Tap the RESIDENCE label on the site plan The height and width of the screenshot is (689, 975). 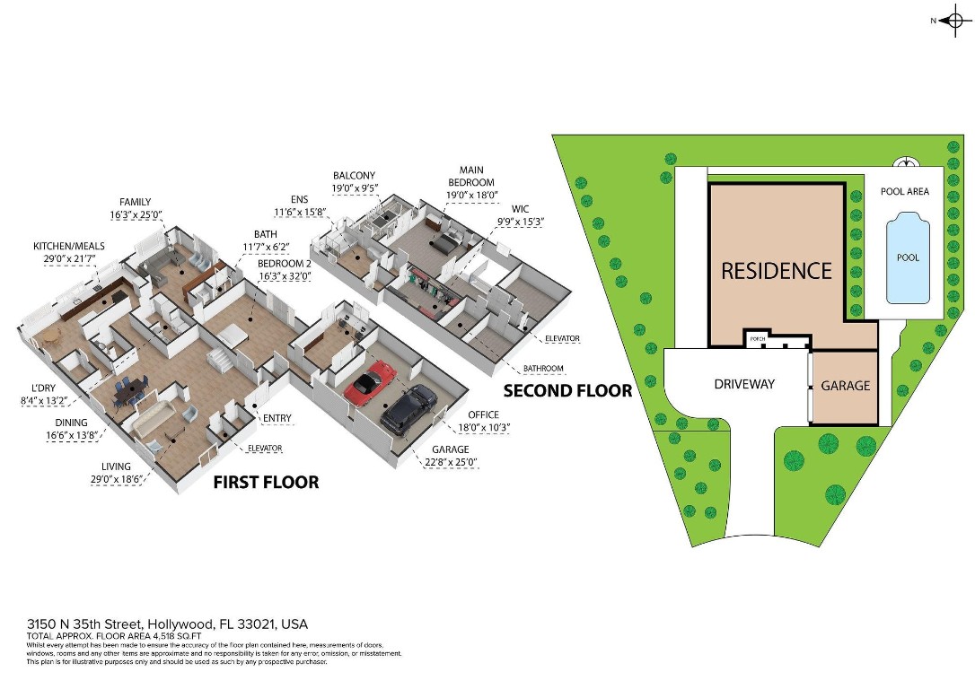point(777,270)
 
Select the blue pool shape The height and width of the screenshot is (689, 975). point(908,257)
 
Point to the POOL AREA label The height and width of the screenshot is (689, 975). point(905,191)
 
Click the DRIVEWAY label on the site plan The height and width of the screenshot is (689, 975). point(744,384)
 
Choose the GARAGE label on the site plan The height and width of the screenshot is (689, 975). point(846,386)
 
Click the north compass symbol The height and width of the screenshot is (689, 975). point(954,20)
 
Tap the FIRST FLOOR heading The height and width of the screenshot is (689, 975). point(266,483)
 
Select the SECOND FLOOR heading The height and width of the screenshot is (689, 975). point(567,391)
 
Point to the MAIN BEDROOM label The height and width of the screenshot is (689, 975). point(471,176)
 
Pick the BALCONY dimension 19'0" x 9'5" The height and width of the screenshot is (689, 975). point(356,188)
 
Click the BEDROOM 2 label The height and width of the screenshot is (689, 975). point(284,264)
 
